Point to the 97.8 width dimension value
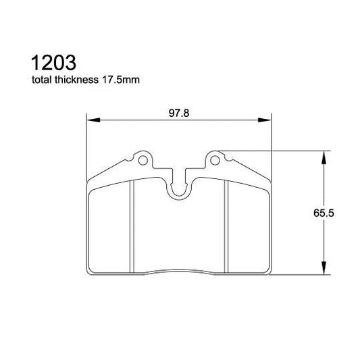(178, 113)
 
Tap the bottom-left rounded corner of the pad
(93, 272)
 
